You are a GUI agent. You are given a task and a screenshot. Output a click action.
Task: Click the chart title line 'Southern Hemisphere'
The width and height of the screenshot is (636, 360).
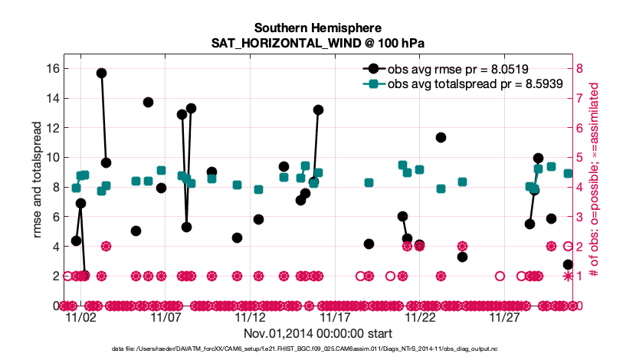(x=318, y=29)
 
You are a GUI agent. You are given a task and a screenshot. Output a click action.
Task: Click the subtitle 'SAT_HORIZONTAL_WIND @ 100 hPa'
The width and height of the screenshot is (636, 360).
(x=318, y=44)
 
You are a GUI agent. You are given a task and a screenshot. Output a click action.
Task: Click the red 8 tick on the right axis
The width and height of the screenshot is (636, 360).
(x=580, y=68)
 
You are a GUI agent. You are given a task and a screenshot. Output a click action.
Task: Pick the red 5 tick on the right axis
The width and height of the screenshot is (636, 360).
(x=580, y=157)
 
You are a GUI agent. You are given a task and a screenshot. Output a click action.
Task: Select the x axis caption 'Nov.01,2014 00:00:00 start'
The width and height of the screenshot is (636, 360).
(x=318, y=333)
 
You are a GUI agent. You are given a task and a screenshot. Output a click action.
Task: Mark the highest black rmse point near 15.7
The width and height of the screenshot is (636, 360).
(x=101, y=73)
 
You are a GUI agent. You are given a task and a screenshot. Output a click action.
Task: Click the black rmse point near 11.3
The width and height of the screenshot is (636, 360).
(x=441, y=138)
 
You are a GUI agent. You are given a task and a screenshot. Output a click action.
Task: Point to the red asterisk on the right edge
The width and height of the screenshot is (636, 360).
(x=568, y=276)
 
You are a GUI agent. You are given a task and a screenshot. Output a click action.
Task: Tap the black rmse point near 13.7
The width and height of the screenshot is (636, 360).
(x=148, y=102)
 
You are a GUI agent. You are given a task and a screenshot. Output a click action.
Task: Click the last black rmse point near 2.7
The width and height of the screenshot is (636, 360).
(x=568, y=264)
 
